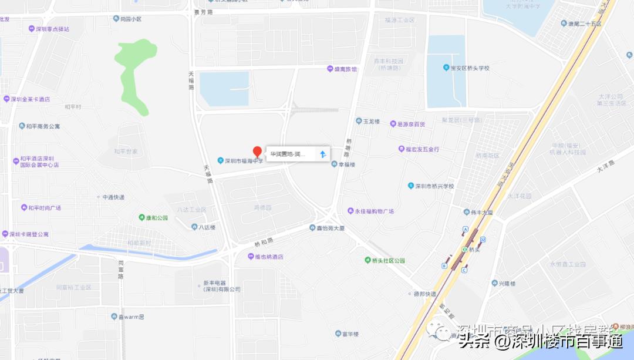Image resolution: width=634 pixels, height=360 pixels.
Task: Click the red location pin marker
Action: tap(257, 152)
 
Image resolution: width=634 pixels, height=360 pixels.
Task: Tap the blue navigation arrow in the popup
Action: tap(322, 154)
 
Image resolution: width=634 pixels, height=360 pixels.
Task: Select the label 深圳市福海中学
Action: tap(241, 160)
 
